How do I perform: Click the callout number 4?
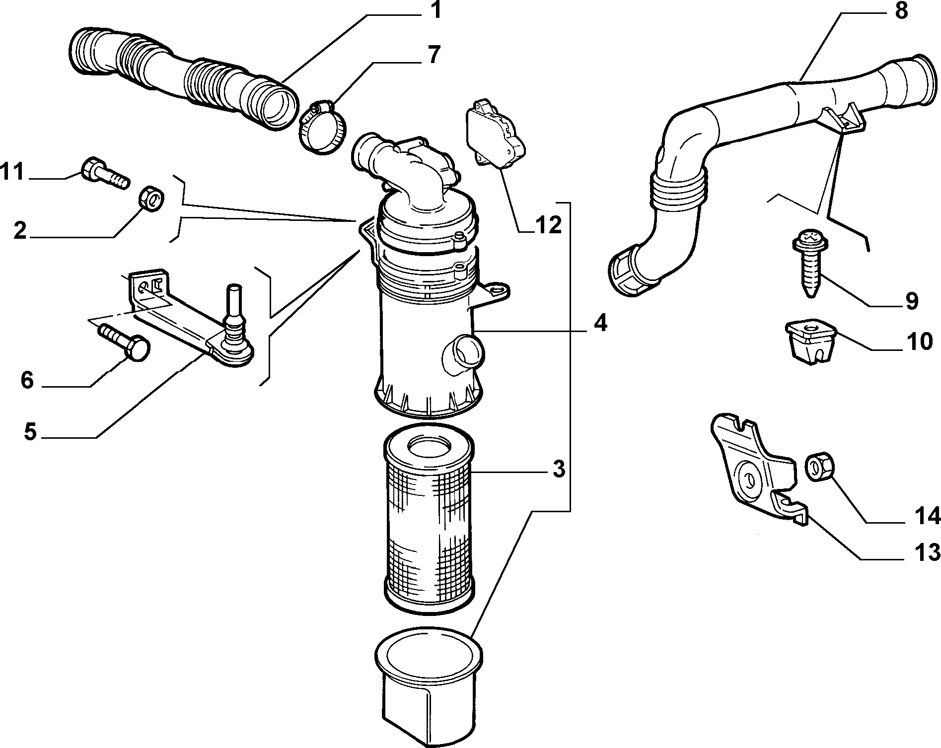[600, 324]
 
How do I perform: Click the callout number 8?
[900, 10]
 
